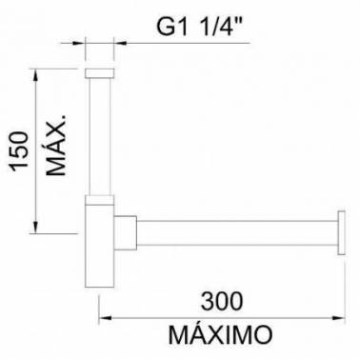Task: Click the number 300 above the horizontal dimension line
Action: click(x=222, y=301)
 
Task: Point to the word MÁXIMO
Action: click(x=220, y=334)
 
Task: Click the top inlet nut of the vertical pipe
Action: click(x=99, y=72)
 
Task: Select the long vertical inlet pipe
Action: click(x=99, y=136)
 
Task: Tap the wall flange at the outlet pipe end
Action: click(x=342, y=232)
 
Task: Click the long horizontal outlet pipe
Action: click(x=237, y=232)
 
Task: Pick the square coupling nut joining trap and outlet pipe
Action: click(x=126, y=232)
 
